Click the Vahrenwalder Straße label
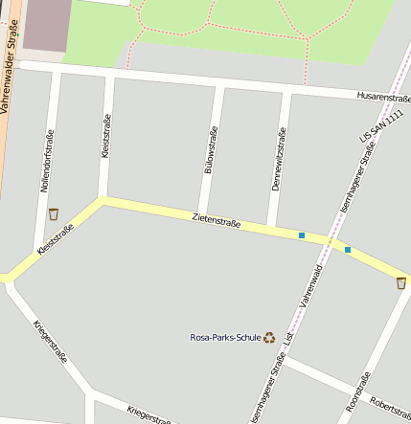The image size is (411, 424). click(11, 73)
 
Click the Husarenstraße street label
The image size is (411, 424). click(381, 97)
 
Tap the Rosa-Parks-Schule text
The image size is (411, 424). click(226, 337)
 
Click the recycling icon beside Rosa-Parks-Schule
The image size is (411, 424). click(269, 337)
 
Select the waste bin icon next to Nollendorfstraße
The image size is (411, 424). click(53, 213)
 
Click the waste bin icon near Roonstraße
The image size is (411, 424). click(400, 282)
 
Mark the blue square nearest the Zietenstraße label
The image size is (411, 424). click(302, 235)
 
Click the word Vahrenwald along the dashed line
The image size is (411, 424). click(308, 285)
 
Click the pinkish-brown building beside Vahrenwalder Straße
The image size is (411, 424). click(46, 26)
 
